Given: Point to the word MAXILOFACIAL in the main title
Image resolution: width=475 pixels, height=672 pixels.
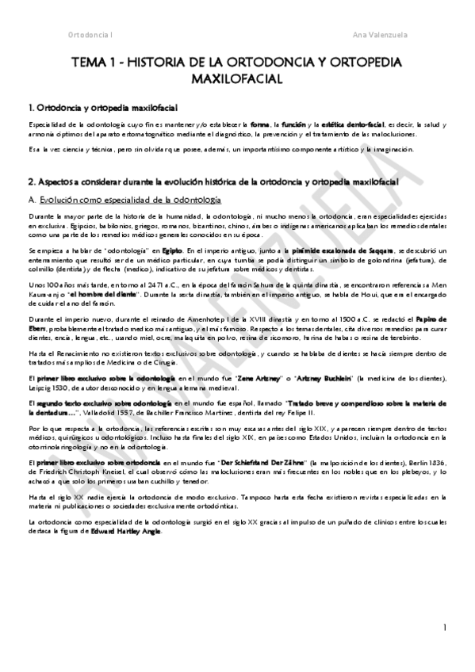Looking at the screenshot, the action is (237, 80).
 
